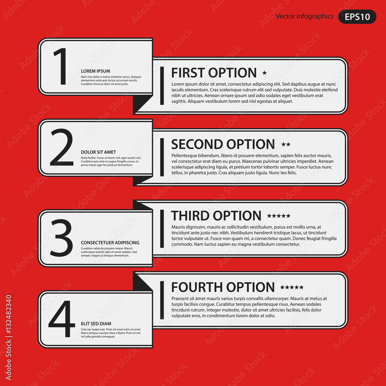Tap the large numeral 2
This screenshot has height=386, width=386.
62,147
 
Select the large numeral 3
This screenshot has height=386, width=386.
61,237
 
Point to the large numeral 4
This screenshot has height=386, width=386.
62,319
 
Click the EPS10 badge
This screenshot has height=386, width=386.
357,17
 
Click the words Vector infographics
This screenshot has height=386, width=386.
305,16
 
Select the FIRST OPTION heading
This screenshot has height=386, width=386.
214,73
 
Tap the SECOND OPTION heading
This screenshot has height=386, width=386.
223,144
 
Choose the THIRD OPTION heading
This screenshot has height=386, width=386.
216,216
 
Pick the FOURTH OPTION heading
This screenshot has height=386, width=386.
223,287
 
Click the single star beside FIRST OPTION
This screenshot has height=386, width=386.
264,73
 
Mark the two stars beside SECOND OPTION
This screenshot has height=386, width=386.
286,144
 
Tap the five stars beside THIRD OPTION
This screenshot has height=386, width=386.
279,216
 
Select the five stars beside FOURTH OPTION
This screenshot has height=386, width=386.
292,287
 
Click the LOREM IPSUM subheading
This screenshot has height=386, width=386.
95,71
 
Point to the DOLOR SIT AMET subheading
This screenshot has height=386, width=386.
98,152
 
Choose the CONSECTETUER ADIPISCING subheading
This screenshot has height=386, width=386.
110,243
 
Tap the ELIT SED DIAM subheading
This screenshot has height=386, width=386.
96,324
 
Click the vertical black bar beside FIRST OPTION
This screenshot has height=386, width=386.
162,86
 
